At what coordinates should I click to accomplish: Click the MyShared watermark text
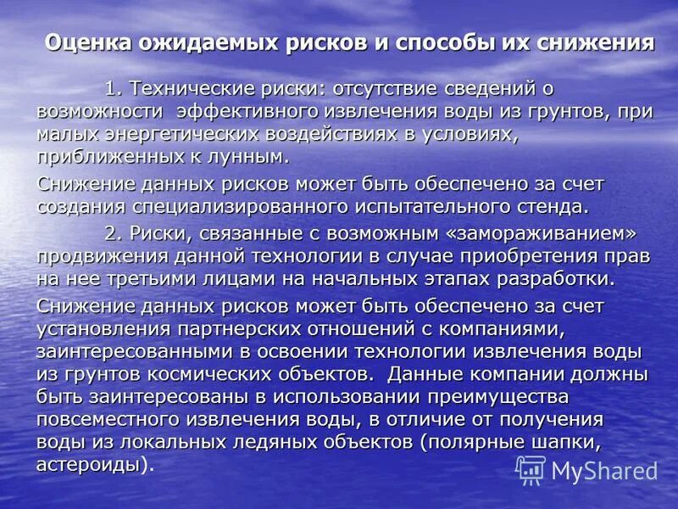pos(604,471)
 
